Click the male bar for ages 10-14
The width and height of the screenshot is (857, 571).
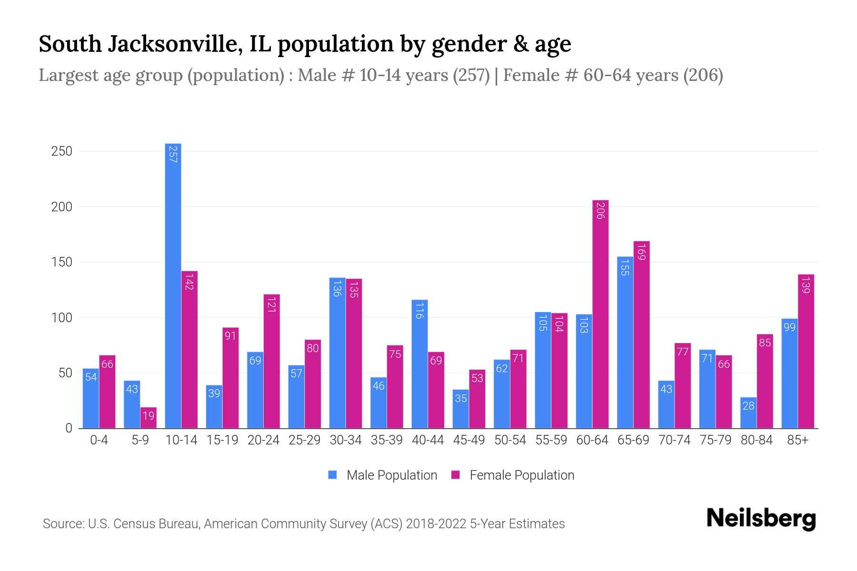pos(173,285)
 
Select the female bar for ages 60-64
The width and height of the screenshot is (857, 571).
pos(600,314)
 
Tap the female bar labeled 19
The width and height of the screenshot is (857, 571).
pos(148,418)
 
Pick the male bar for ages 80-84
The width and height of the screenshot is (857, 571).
pos(748,413)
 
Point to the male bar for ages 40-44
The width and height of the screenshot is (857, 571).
pos(419,364)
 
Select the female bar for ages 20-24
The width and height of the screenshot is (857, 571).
pos(271,362)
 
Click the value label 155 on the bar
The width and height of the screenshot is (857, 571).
pos(625,268)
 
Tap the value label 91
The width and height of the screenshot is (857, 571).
pos(230,336)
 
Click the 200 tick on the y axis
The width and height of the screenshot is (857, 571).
pos(61,207)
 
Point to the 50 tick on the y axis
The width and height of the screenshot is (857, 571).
pos(65,373)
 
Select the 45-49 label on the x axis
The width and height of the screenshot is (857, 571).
pos(468,440)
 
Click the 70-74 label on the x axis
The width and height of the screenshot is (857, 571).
pos(674,440)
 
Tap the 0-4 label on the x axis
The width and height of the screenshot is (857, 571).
pos(99,440)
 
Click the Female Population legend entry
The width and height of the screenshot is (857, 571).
pos(513,475)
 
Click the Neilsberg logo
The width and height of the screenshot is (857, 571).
pos(761,519)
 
